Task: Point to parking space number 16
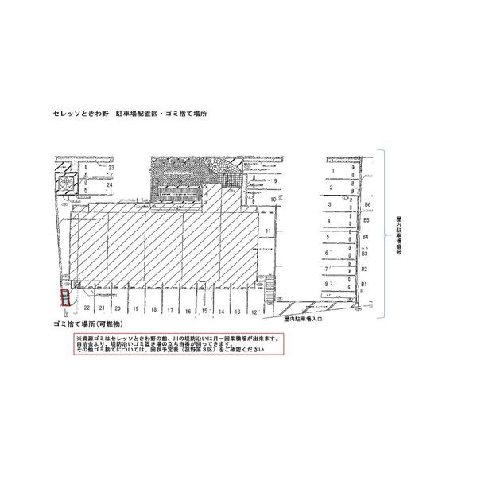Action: [188, 310]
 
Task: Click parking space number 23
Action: [111, 169]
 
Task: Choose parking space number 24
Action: [111, 184]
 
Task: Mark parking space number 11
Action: [270, 231]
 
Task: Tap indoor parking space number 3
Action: [328, 204]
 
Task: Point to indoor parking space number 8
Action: [327, 283]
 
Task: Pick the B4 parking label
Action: [365, 237]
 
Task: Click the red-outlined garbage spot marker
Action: [64, 297]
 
